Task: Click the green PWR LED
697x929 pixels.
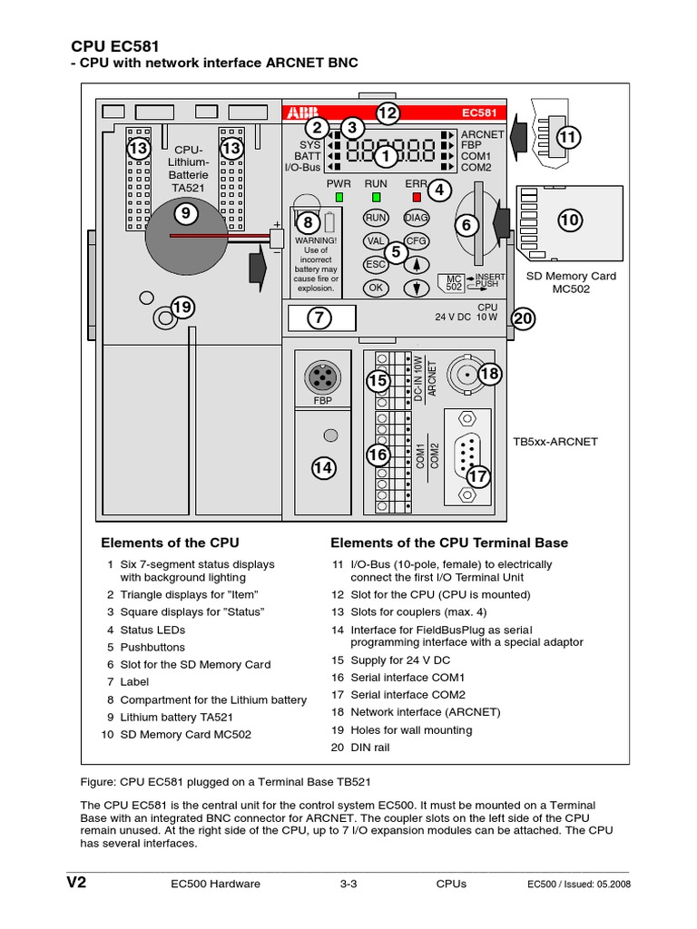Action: click(x=339, y=196)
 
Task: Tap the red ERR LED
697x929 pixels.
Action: click(x=417, y=196)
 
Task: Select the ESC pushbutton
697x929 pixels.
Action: click(x=375, y=264)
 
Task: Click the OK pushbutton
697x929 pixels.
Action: click(x=375, y=288)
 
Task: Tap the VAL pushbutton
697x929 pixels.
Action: click(x=375, y=241)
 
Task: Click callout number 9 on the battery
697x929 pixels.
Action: click(x=186, y=214)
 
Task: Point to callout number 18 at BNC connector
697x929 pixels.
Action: click(x=489, y=374)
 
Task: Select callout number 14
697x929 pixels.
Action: click(x=323, y=467)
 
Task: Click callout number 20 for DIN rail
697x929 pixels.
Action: click(x=524, y=318)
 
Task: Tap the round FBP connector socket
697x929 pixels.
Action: click(x=323, y=375)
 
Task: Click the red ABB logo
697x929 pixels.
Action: click(x=296, y=113)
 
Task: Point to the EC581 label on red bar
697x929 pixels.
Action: click(x=477, y=113)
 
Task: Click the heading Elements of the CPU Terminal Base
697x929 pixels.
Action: click(x=448, y=543)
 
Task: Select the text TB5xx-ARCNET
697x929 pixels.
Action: click(x=555, y=442)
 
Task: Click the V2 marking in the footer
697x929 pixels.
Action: click(x=75, y=883)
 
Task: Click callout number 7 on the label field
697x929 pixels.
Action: click(x=319, y=318)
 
